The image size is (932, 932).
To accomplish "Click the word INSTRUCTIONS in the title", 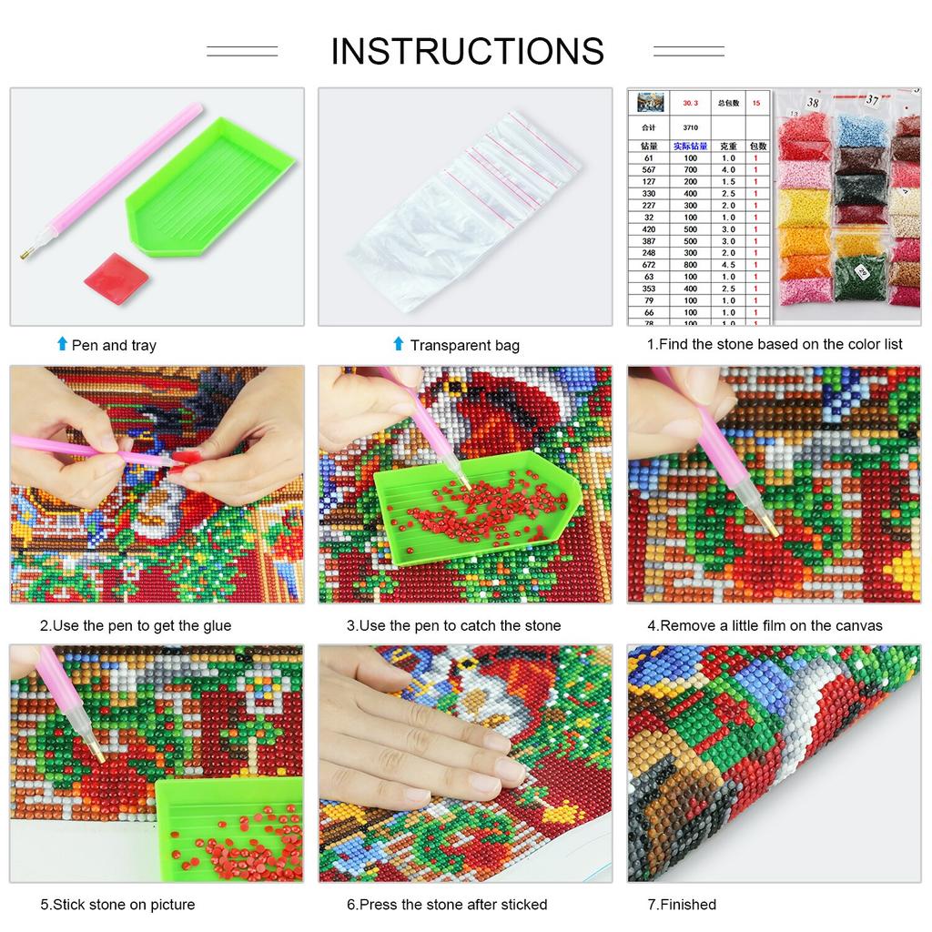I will pos(467,51).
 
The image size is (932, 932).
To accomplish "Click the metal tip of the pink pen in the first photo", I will pos(25,257).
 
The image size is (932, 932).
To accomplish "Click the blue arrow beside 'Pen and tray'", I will pos(62,344).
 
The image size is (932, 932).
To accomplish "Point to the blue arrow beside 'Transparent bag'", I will pos(398,344).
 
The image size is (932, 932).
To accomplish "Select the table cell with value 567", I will pos(648,170).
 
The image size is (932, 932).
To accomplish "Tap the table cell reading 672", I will pos(648,265).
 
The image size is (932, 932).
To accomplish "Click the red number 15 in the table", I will pos(755,104).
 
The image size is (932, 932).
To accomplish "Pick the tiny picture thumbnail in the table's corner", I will pos(649,103).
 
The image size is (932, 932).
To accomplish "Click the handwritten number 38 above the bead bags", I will pos(812,104).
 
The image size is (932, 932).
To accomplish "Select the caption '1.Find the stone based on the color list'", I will pos(775,344).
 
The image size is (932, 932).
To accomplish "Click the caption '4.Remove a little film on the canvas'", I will pos(765,625).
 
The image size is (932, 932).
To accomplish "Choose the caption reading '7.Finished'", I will pos(682,904).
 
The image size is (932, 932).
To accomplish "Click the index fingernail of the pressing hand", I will pos(510,771).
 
